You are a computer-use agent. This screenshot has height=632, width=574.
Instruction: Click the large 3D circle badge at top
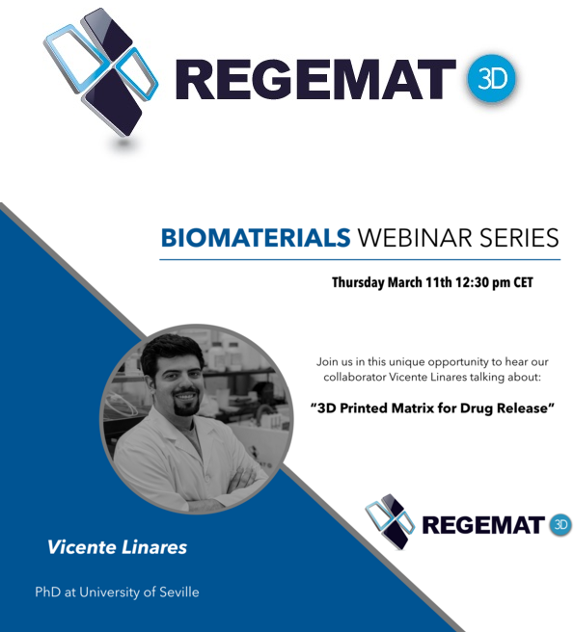click(491, 79)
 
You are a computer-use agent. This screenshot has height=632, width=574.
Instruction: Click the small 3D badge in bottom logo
click(560, 524)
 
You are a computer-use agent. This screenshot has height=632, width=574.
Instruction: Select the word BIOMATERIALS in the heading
click(256, 238)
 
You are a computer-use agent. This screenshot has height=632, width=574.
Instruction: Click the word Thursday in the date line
click(358, 282)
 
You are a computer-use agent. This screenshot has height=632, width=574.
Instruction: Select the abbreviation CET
click(523, 282)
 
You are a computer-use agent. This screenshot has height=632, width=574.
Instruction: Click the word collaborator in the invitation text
click(354, 378)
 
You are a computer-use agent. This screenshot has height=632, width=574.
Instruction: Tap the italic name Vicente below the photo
click(82, 547)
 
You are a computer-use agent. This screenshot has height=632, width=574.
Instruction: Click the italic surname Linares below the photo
click(154, 547)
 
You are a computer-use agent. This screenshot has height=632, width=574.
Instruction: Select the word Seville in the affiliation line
click(179, 592)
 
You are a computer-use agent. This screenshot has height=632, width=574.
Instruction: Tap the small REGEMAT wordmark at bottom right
click(482, 525)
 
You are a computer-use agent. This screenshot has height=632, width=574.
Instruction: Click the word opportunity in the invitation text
click(457, 362)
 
